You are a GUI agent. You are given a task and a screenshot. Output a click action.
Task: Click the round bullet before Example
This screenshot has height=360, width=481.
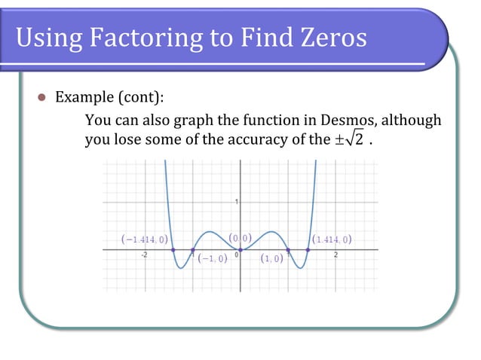coord(42,98)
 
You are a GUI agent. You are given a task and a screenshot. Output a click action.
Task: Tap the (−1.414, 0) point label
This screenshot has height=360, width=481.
coord(143,240)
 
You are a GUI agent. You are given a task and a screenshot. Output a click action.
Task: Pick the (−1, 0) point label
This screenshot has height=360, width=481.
coord(214,259)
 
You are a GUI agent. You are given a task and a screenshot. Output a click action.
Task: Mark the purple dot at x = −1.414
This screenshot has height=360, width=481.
coord(173,249)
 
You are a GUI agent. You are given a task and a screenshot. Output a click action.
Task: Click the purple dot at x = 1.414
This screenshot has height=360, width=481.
coord(308,249)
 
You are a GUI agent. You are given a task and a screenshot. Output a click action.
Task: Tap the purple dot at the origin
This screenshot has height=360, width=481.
coord(240,249)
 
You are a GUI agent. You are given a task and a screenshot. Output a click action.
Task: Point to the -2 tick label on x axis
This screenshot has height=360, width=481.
coord(144,255)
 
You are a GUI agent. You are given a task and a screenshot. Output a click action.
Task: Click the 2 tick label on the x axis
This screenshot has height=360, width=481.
coord(336,255)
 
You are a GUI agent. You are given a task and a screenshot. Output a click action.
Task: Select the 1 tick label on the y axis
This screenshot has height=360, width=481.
coord(237,201)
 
